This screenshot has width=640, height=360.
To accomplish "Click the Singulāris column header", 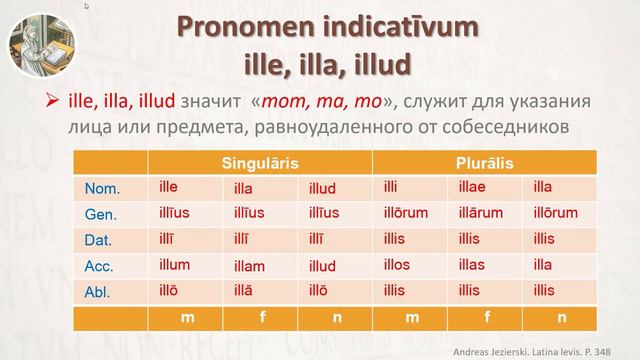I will (260, 162).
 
